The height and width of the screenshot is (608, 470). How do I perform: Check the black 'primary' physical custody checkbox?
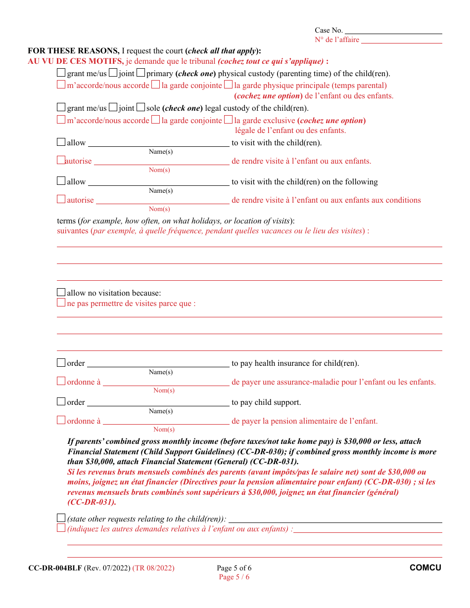click(x=141, y=73)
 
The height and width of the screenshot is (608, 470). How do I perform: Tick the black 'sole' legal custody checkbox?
click(x=141, y=107)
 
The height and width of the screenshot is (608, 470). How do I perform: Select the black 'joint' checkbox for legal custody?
click(x=113, y=107)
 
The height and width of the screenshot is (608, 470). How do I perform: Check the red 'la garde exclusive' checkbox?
click(x=228, y=120)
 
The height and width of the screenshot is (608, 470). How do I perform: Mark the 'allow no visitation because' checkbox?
click(x=61, y=292)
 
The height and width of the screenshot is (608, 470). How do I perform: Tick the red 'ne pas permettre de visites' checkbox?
click(x=61, y=303)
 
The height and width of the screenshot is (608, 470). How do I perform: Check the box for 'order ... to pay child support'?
click(x=61, y=402)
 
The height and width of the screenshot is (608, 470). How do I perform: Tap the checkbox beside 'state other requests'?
click(x=61, y=518)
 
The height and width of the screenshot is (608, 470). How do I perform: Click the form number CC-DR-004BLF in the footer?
click(x=55, y=568)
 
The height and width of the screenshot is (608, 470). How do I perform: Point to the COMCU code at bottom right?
click(x=425, y=568)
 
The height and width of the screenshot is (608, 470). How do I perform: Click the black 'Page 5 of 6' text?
click(x=234, y=568)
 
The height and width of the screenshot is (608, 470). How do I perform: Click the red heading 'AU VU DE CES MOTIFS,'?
click(x=76, y=61)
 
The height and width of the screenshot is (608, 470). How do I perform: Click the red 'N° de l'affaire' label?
click(x=337, y=40)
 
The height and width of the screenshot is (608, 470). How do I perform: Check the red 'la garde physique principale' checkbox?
click(x=228, y=85)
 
